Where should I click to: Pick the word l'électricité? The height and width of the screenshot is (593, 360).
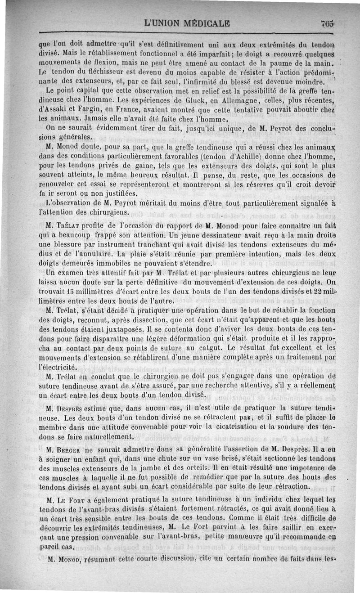(57, 367)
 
